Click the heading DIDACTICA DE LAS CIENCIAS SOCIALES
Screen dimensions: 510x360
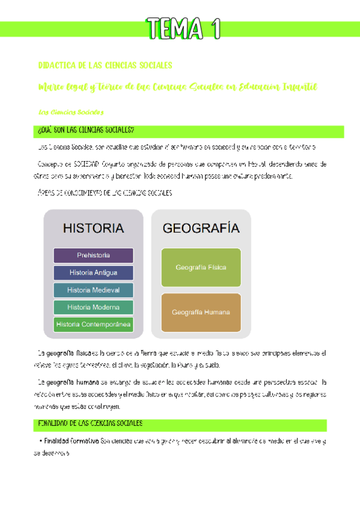(x=105, y=65)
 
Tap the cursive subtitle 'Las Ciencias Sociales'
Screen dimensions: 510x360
(x=71, y=112)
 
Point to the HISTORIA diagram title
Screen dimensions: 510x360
(x=93, y=228)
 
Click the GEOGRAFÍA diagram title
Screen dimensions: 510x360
(x=201, y=228)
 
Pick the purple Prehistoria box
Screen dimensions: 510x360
(x=93, y=255)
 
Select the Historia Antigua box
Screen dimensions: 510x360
(x=93, y=272)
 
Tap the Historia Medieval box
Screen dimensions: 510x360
(x=93, y=290)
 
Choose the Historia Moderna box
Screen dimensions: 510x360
(x=93, y=307)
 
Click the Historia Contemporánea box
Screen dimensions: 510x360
(x=93, y=325)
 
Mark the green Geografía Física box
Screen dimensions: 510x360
(x=201, y=267)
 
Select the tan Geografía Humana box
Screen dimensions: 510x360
(x=201, y=312)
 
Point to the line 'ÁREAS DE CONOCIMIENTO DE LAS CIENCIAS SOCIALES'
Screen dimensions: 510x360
(x=105, y=193)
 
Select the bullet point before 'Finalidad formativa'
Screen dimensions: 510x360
(x=39, y=441)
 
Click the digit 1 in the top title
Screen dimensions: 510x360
(x=214, y=28)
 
